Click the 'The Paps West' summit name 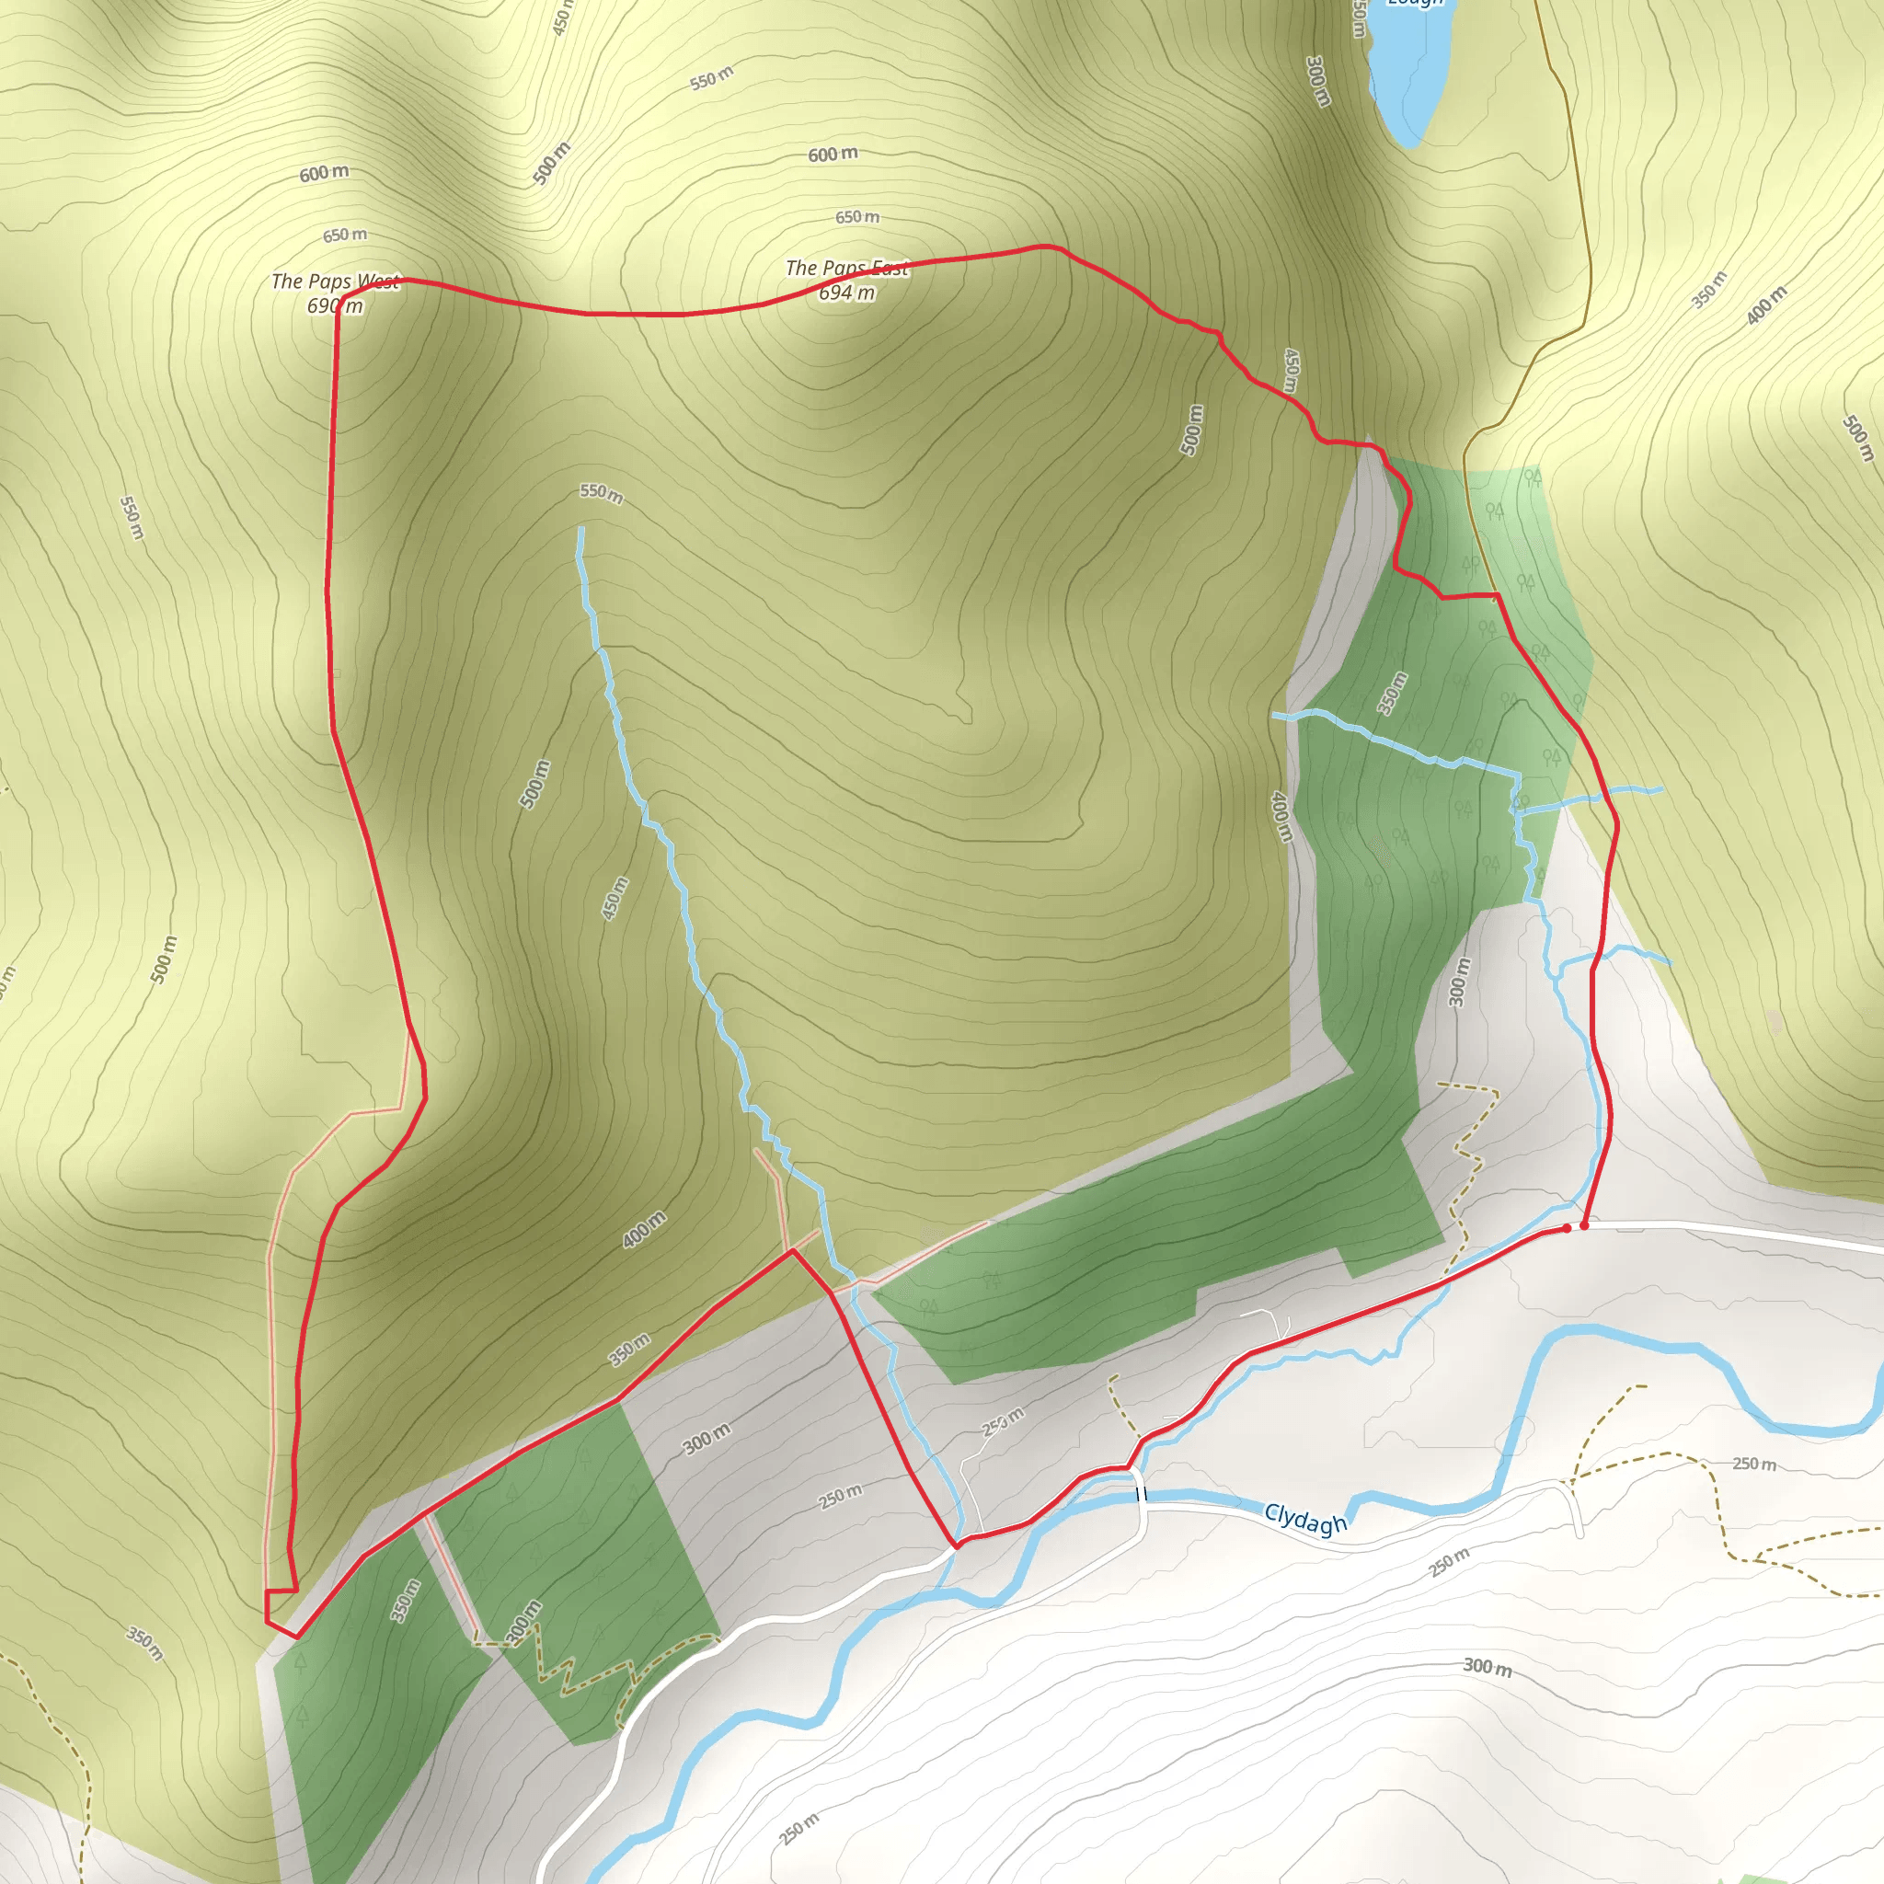(x=335, y=281)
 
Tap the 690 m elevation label (x=335, y=306)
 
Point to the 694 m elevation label (x=846, y=293)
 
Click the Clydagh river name (x=1304, y=1520)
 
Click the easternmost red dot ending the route (x=1585, y=1225)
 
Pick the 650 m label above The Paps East (x=857, y=216)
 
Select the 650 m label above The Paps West (x=345, y=235)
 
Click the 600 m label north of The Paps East (x=833, y=154)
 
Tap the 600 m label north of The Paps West (x=324, y=174)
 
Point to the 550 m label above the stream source (x=601, y=493)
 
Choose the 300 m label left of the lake (x=1317, y=82)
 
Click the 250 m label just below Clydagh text (x=1449, y=1563)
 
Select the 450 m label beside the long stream (x=615, y=899)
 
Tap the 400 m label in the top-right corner (x=1766, y=305)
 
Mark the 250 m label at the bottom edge (x=799, y=1830)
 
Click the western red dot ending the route (x=1567, y=1229)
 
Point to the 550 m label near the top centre (x=711, y=79)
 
